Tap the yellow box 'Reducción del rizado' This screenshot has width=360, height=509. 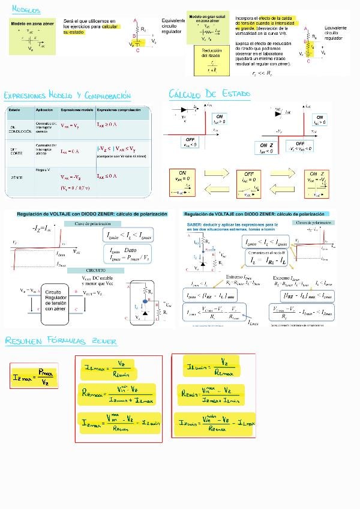(212, 59)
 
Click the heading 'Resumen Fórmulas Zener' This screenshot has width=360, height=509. (61, 341)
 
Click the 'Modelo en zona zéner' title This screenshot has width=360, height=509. (32, 23)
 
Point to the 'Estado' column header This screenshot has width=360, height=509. (14, 110)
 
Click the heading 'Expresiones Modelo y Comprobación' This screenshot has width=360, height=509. (67, 95)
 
